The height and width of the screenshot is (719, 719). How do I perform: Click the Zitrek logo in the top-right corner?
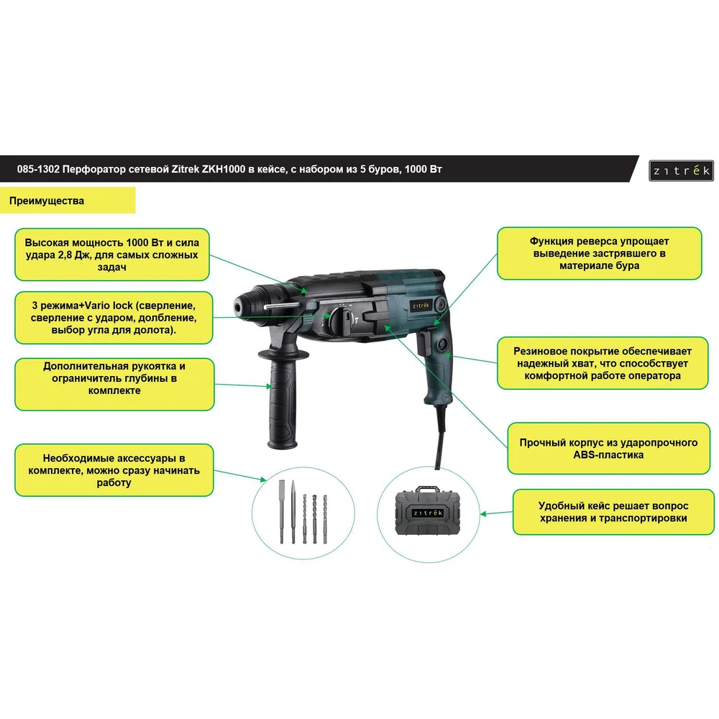tap(681, 170)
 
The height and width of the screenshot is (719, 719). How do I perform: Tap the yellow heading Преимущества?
tap(47, 201)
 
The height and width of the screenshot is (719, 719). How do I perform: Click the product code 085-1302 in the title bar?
tap(38, 169)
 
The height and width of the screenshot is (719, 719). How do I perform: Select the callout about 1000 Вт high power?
tap(112, 255)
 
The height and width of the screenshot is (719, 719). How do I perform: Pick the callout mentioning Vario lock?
tap(114, 318)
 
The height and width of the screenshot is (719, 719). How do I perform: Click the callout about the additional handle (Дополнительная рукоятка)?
tap(114, 378)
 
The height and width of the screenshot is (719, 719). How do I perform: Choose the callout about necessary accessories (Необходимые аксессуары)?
tap(114, 470)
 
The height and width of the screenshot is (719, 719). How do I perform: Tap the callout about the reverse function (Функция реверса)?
tap(600, 253)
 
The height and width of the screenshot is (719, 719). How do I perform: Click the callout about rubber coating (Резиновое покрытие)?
tap(603, 363)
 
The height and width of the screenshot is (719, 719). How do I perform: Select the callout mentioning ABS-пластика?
tap(608, 449)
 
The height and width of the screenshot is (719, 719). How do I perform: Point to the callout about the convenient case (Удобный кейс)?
tap(613, 512)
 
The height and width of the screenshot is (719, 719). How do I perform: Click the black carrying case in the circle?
tap(427, 510)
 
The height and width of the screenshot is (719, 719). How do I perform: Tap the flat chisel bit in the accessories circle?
tap(282, 512)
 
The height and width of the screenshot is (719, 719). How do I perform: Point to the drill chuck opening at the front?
tap(239, 304)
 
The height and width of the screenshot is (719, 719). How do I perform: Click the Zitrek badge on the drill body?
tap(421, 306)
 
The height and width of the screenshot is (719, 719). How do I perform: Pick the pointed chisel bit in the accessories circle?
tap(293, 512)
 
